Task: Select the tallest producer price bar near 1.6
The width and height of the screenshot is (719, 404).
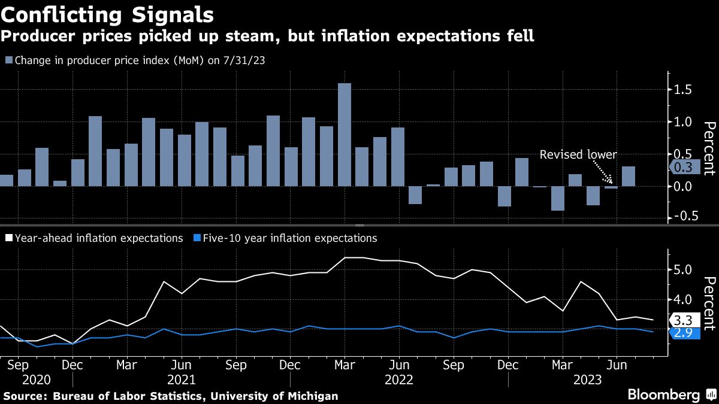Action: pos(345,135)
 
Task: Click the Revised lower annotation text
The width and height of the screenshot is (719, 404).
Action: pos(578,154)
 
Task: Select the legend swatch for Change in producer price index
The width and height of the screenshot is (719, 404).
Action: pos(8,60)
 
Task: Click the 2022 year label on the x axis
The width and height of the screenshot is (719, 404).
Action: pos(398,380)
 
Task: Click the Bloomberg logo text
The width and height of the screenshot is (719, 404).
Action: pos(663,394)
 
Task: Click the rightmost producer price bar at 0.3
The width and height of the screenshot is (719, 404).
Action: pos(629,177)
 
